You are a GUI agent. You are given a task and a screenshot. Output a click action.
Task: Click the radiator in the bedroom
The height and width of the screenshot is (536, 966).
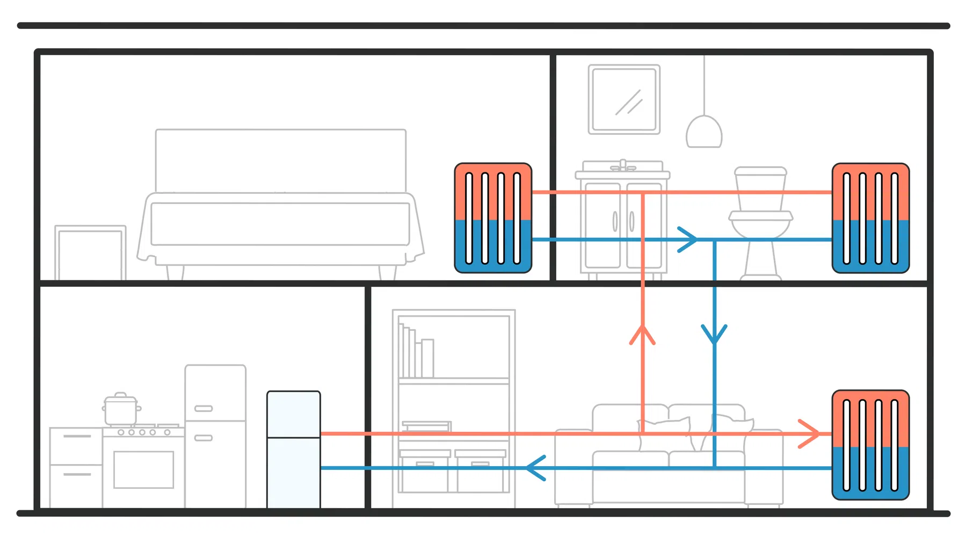pyautogui.click(x=493, y=218)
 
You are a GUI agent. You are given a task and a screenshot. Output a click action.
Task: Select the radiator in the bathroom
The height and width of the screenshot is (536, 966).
pyautogui.click(x=870, y=218)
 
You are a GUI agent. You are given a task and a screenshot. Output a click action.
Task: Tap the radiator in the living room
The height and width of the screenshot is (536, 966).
pyautogui.click(x=870, y=445)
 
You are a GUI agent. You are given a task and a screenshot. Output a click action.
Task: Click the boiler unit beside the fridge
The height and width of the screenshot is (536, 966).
pyautogui.click(x=294, y=449)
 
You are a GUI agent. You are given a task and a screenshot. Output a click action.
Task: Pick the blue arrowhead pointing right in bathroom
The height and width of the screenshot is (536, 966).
pyautogui.click(x=687, y=240)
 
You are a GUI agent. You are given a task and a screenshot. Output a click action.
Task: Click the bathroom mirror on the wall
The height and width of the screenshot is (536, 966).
pyautogui.click(x=624, y=99)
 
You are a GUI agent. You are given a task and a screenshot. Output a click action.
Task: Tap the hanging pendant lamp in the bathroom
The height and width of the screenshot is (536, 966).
pyautogui.click(x=704, y=132)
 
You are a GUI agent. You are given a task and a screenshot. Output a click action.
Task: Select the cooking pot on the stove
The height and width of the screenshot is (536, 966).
pyautogui.click(x=121, y=409)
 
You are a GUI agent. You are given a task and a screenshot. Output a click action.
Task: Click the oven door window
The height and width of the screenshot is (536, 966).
pyautogui.click(x=144, y=469)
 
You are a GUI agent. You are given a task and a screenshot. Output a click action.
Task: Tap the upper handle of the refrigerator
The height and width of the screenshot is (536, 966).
pyautogui.click(x=204, y=409)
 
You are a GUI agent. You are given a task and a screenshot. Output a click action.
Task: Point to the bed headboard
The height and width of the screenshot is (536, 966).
pyautogui.click(x=280, y=160)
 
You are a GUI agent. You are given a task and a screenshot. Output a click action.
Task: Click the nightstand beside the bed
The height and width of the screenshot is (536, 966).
pyautogui.click(x=90, y=252)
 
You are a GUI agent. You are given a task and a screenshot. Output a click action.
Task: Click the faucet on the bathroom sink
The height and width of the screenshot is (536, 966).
pyautogui.click(x=623, y=165)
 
